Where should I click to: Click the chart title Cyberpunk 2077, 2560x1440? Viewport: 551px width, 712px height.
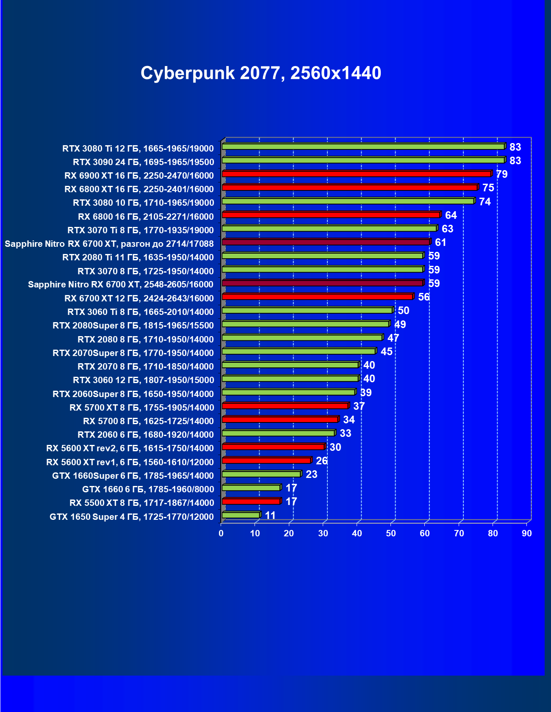[x=261, y=73]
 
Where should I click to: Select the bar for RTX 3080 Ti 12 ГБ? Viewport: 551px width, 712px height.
[x=363, y=146]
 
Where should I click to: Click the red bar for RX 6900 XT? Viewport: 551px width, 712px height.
[x=356, y=174]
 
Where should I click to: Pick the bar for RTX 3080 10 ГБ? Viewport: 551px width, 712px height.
[x=348, y=201]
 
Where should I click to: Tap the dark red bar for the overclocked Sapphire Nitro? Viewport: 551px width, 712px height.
[x=326, y=242]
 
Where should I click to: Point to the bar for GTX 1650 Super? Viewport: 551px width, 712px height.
[x=241, y=515]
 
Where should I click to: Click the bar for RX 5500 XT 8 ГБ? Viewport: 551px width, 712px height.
[x=251, y=501]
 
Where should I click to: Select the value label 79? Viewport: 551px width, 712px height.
[x=501, y=174]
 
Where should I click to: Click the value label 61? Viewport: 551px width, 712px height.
[x=440, y=242]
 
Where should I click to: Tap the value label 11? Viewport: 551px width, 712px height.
[x=270, y=515]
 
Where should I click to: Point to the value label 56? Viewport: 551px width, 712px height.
[x=424, y=297]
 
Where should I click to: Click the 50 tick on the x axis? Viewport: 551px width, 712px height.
[x=391, y=533]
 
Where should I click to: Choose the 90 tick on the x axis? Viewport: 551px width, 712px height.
[x=526, y=533]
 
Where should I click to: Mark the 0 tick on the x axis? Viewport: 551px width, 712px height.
[x=221, y=533]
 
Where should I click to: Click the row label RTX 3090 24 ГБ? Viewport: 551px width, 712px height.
[x=143, y=162]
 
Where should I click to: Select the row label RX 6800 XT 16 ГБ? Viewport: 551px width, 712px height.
[x=139, y=189]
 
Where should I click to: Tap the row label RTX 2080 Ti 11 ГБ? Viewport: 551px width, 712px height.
[x=138, y=257]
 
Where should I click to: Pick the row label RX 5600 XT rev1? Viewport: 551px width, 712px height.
[x=130, y=462]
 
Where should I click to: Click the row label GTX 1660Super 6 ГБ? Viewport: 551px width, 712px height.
[x=133, y=476]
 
